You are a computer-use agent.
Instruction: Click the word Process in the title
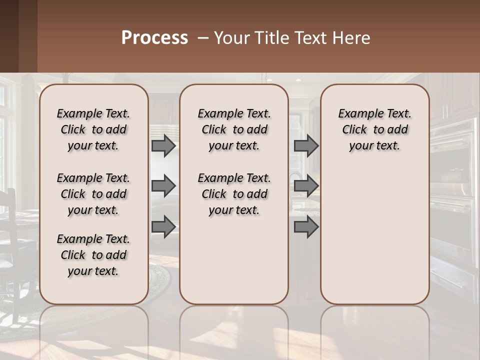pyautogui.click(x=154, y=38)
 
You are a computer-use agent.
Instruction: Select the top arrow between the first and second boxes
pyautogui.click(x=163, y=145)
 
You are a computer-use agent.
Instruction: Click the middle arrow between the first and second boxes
pyautogui.click(x=163, y=186)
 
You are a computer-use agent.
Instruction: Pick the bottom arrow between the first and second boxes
pyautogui.click(x=163, y=227)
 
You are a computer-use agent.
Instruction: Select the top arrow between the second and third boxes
pyautogui.click(x=306, y=145)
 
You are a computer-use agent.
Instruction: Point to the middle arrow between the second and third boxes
pyautogui.click(x=306, y=186)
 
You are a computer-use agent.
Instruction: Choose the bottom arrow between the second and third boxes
pyautogui.click(x=306, y=227)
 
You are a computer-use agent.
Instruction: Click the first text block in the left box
pyautogui.click(x=93, y=129)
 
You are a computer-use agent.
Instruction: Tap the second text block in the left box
pyautogui.click(x=93, y=194)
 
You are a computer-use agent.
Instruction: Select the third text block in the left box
pyautogui.click(x=93, y=255)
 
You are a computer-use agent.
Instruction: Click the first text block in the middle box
pyautogui.click(x=234, y=129)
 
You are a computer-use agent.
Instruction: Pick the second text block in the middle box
pyautogui.click(x=234, y=194)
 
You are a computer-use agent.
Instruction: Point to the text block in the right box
pyautogui.click(x=375, y=129)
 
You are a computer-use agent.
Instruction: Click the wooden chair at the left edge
pyautogui.click(x=12, y=235)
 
